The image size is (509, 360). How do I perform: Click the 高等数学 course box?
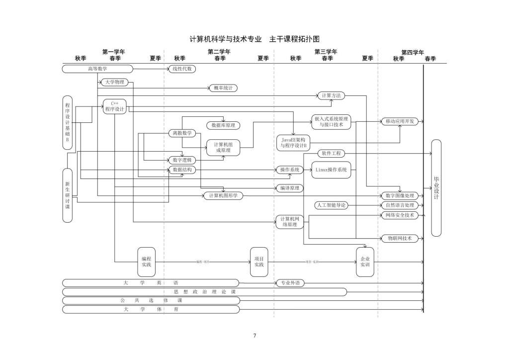pyautogui.click(x=97, y=69)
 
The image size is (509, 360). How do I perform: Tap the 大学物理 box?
pyautogui.click(x=114, y=82)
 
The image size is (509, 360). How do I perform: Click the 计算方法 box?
pyautogui.click(x=331, y=95)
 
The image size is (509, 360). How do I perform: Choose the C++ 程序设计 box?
pyautogui.click(x=114, y=107)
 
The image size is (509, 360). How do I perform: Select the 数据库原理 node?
pyautogui.click(x=223, y=125)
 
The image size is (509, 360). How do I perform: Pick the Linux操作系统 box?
pyautogui.click(x=331, y=170)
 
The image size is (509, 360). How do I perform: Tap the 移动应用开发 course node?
pyautogui.click(x=400, y=121)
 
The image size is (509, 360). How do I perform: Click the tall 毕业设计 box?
pyautogui.click(x=436, y=188)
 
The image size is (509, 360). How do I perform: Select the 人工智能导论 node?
pyautogui.click(x=331, y=205)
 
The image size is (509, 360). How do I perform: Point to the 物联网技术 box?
pyautogui.click(x=400, y=238)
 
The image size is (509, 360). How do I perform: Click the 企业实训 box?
pyautogui.click(x=365, y=262)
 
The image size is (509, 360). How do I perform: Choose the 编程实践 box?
pyautogui.click(x=146, y=262)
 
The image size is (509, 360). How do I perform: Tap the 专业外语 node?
pyautogui.click(x=290, y=283)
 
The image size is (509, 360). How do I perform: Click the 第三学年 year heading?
pyautogui.click(x=326, y=52)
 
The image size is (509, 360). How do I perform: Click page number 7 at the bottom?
pyautogui.click(x=254, y=336)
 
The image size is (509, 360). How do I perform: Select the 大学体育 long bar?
pyautogui.click(x=151, y=310)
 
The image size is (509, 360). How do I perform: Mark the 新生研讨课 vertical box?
pyautogui.click(x=68, y=195)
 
